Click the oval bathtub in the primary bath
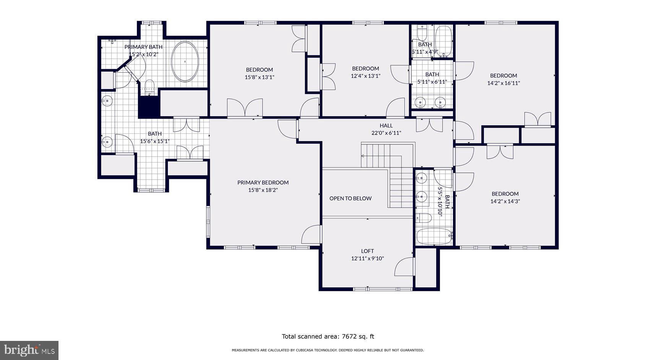(x=185, y=62)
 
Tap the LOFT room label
(x=367, y=251)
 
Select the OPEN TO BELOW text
(x=350, y=198)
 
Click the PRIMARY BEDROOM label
(x=263, y=183)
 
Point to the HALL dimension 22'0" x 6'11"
(x=386, y=133)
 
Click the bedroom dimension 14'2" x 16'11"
(x=503, y=83)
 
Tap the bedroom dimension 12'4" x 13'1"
(x=365, y=76)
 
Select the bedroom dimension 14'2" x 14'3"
(x=505, y=201)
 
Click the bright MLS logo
(x=29, y=350)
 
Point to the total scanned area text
(x=328, y=337)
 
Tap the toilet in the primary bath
(x=149, y=84)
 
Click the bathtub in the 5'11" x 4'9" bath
(x=443, y=41)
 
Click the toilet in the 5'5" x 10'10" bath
(x=424, y=218)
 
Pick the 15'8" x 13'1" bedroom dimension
(x=259, y=77)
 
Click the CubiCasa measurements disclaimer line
(x=328, y=350)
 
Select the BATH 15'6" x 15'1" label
(x=154, y=138)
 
